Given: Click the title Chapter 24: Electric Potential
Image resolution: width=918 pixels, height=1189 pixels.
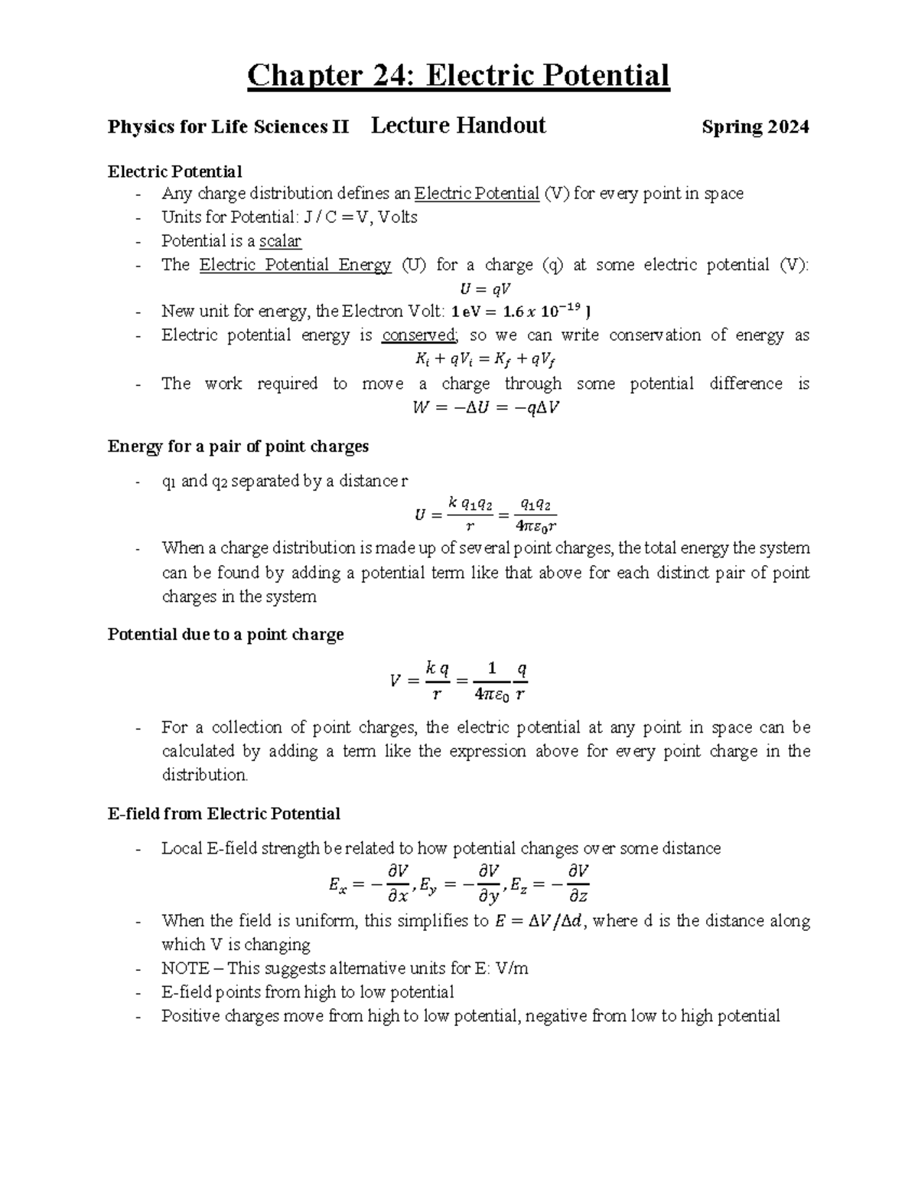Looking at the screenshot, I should coord(458,76).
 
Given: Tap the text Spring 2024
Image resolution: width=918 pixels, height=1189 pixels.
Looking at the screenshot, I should coord(755,127).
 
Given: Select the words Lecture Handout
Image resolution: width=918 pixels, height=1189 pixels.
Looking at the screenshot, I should coord(457,126).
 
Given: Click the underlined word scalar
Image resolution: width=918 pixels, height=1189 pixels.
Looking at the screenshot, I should coord(280,241).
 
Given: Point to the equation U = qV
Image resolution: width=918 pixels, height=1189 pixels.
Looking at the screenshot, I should coord(485,289).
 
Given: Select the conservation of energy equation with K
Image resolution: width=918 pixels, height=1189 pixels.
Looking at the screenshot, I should coord(485,359).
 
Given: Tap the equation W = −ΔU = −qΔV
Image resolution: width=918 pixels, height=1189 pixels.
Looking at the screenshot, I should coord(485,407).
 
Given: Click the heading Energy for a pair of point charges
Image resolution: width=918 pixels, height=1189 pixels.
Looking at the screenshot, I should coord(238,446).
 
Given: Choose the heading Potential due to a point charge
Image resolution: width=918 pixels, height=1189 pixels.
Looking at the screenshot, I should coord(226,635).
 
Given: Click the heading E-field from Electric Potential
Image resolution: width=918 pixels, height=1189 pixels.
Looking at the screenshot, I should coord(224,814).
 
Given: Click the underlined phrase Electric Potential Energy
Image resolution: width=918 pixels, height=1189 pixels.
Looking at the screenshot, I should coord(295,265).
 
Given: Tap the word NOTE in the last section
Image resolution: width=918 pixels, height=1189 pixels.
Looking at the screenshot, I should coord(184,969).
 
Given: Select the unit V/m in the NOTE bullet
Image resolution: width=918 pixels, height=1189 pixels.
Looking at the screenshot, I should coord(512,969).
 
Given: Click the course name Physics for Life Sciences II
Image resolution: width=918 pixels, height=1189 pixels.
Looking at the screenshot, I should coord(228,127).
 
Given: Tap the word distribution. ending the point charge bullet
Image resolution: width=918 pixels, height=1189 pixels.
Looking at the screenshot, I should coord(205,775).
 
